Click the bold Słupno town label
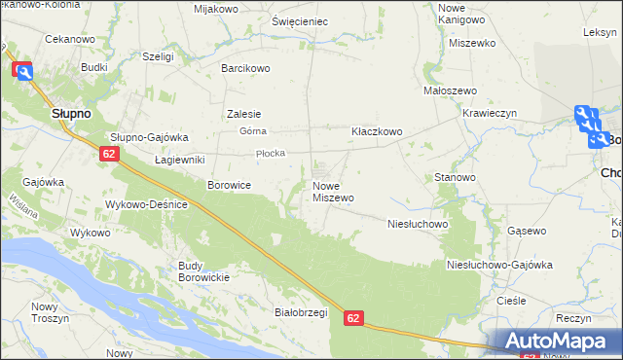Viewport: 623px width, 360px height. click(70, 114)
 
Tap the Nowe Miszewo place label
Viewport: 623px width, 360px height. click(333, 192)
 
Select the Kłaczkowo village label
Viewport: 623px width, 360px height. click(377, 131)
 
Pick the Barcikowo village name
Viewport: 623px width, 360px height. click(245, 69)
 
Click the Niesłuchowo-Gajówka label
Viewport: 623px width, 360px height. click(498, 265)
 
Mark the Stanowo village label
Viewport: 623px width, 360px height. click(455, 178)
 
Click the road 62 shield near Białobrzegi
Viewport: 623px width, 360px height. click(353, 318)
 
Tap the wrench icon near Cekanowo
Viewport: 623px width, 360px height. click(22, 70)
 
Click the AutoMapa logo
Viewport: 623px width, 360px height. click(564, 341)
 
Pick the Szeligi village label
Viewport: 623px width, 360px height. click(158, 57)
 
